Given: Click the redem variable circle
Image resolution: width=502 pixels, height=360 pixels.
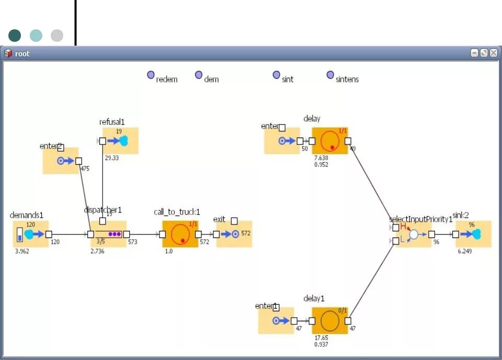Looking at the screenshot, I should pyautogui.click(x=151, y=75).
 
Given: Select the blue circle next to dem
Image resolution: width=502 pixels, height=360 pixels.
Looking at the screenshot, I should pyautogui.click(x=199, y=75).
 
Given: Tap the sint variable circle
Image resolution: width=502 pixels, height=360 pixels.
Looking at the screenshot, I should pyautogui.click(x=277, y=75).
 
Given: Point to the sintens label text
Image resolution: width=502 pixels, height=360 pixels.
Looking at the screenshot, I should pyautogui.click(x=347, y=80).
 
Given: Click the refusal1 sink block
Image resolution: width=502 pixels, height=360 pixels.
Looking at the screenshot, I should pyautogui.click(x=120, y=141).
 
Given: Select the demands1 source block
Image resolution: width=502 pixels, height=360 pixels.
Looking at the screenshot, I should pyautogui.click(x=31, y=234).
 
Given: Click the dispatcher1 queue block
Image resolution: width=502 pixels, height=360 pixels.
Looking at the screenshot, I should pyautogui.click(x=109, y=234).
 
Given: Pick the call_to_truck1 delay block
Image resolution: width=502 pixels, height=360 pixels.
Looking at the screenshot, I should pyautogui.click(x=180, y=234).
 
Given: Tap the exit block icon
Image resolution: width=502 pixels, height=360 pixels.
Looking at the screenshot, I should pyautogui.click(x=234, y=234).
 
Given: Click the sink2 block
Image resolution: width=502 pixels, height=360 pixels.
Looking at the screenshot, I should pyautogui.click(x=473, y=234).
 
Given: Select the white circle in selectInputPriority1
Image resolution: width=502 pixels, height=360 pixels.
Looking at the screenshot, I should pyautogui.click(x=414, y=234).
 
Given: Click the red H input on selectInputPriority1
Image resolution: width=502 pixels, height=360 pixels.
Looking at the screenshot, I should pyautogui.click(x=403, y=227).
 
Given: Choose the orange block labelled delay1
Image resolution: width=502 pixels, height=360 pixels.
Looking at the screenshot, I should pyautogui.click(x=329, y=320).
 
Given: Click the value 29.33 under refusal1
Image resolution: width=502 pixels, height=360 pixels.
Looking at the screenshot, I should pyautogui.click(x=112, y=157).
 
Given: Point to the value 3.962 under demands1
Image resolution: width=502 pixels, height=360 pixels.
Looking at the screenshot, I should pyautogui.click(x=23, y=251).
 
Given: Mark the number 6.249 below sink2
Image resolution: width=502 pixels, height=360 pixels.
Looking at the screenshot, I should pyautogui.click(x=465, y=251).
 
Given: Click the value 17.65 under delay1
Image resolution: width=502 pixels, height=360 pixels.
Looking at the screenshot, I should pyautogui.click(x=321, y=337).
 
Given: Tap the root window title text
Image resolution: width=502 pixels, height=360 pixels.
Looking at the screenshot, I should pyautogui.click(x=22, y=53).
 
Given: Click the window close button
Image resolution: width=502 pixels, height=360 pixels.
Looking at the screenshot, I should pyautogui.click(x=493, y=53).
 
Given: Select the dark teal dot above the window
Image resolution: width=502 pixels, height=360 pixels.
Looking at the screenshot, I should pyautogui.click(x=15, y=36).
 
